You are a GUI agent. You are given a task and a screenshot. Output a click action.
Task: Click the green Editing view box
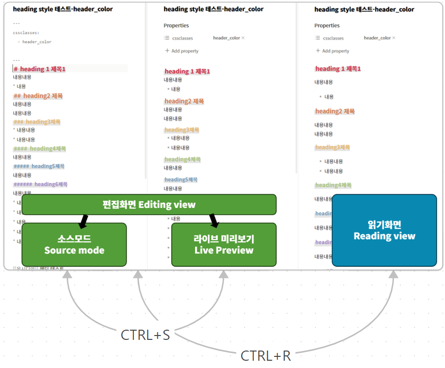[149, 204]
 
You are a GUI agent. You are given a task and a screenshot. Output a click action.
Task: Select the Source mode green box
[74, 244]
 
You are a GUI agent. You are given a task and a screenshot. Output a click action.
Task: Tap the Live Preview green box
[224, 244]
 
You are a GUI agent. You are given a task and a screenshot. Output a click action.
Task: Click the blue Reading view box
[384, 230]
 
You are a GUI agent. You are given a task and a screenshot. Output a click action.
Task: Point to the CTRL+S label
[145, 335]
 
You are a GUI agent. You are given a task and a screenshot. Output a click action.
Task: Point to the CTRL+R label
[265, 356]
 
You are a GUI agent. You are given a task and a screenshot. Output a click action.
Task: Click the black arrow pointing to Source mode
[83, 221]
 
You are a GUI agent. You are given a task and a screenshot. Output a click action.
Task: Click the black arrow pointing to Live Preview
[214, 221]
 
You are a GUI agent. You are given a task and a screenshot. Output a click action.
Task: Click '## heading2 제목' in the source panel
[38, 96]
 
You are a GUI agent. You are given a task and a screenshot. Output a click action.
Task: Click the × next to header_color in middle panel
[243, 38]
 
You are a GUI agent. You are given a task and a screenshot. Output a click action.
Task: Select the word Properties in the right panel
[327, 25]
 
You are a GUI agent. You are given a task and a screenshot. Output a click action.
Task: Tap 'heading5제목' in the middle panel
[181, 179]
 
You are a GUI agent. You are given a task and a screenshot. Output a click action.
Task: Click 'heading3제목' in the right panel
[332, 147]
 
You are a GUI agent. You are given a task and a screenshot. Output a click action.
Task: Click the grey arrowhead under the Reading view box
[394, 274]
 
